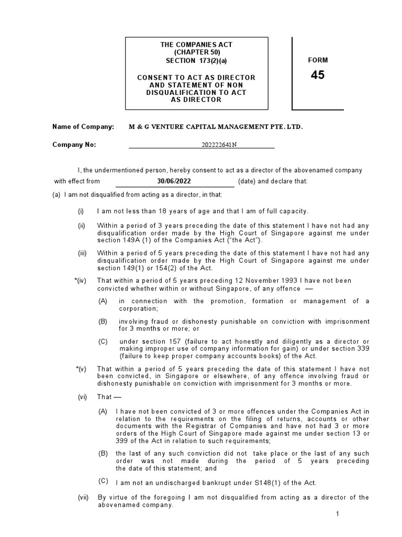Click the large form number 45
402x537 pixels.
(317, 75)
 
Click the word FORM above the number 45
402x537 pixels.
(318, 60)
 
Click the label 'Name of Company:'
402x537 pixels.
(83, 127)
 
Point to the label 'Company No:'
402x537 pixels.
(74, 145)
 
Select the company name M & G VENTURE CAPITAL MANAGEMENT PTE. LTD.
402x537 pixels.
(216, 127)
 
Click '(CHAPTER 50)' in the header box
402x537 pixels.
(196, 52)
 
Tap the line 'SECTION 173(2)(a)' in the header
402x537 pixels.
(196, 60)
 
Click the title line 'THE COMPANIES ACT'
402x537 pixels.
(196, 45)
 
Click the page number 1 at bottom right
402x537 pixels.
(338, 513)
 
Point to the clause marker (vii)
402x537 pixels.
(83, 497)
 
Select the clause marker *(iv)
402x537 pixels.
(81, 281)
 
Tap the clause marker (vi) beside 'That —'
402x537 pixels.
(82, 397)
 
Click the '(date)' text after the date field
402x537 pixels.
(247, 181)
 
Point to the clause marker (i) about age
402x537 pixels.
(81, 211)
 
